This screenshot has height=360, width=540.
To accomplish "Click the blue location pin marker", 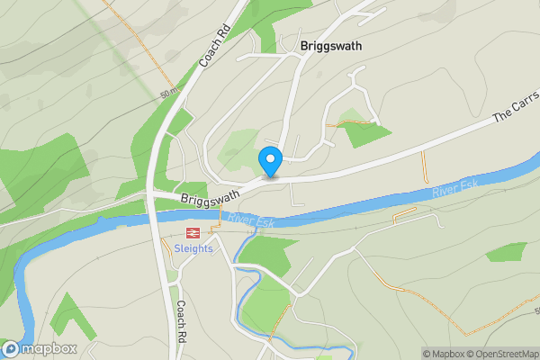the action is (270, 160).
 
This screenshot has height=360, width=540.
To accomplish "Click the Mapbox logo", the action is (39, 348).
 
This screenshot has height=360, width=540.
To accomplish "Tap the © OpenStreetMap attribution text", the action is (502, 354).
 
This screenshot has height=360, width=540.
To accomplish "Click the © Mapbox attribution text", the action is (442, 354).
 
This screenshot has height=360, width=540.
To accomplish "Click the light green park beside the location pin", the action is (238, 147).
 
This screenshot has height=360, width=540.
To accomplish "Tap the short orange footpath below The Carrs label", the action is (423, 166).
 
